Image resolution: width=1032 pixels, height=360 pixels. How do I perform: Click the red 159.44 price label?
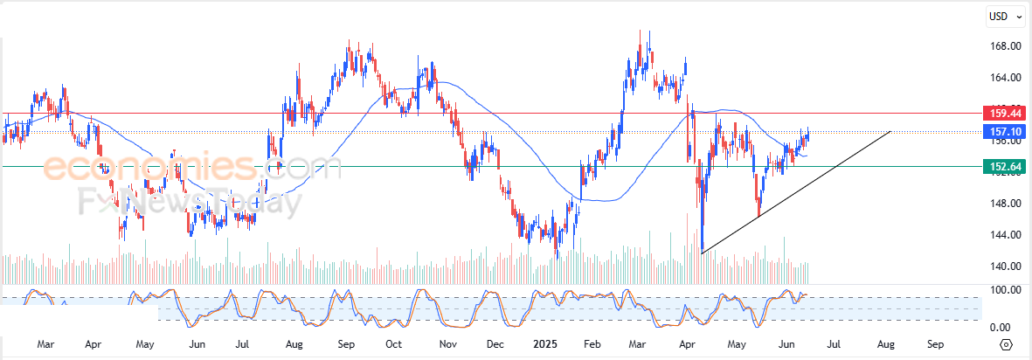999,113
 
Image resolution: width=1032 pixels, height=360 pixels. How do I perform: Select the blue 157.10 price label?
999,132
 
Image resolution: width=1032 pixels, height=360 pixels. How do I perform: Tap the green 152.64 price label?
999,166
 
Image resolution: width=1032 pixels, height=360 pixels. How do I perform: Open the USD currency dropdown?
1001,16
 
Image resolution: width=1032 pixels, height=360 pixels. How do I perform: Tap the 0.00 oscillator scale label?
1001,328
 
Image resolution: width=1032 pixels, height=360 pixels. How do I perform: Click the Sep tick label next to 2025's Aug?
936,344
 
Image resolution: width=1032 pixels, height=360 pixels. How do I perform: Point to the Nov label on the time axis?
448,344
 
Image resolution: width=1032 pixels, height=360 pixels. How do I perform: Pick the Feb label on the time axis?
593,344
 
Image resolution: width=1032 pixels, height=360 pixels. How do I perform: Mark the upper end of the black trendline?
890,131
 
